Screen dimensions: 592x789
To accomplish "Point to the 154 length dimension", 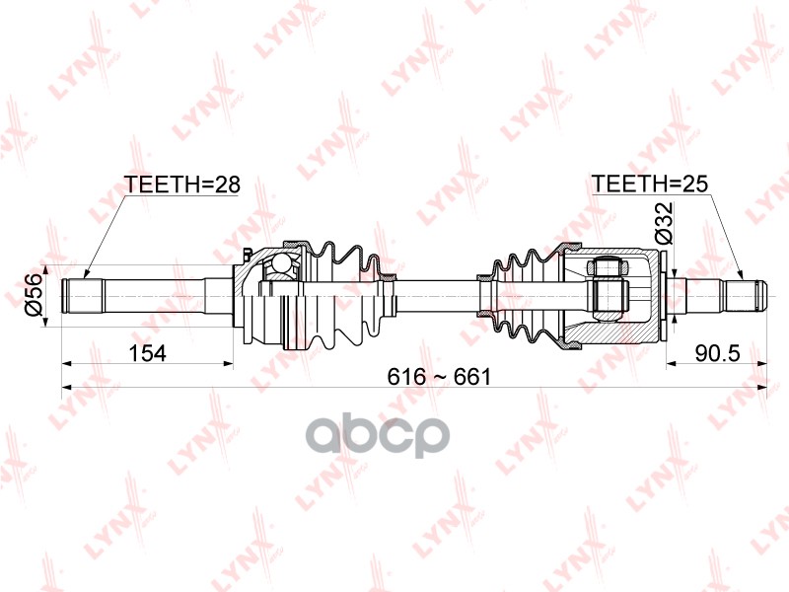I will pos(145,351).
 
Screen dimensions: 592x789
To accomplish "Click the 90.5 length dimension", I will pos(717,351).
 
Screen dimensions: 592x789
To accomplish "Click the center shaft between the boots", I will pos(434,294).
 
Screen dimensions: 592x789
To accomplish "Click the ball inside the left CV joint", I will pos(284,265).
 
